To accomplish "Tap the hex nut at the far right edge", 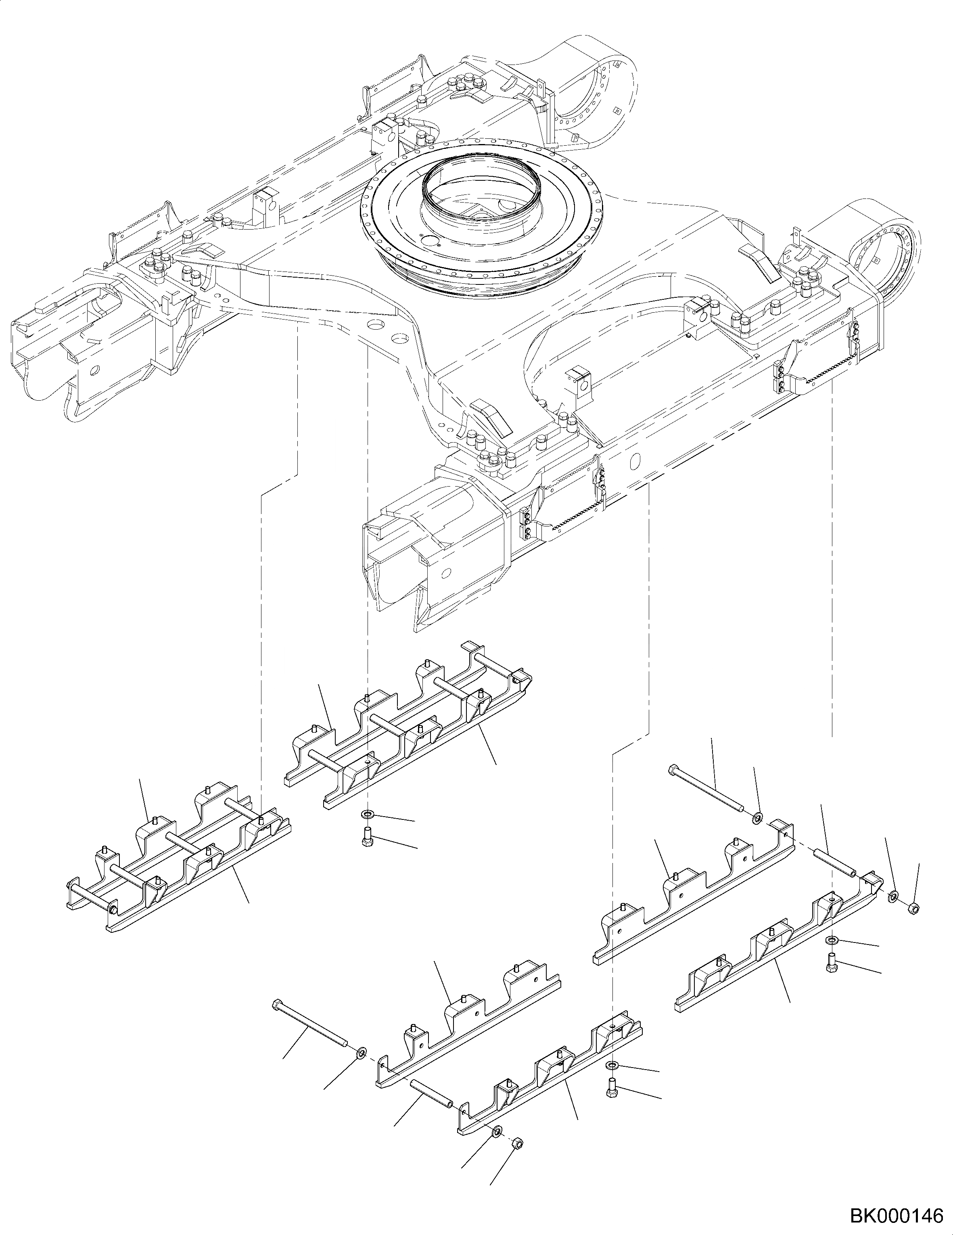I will pos(913,909).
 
